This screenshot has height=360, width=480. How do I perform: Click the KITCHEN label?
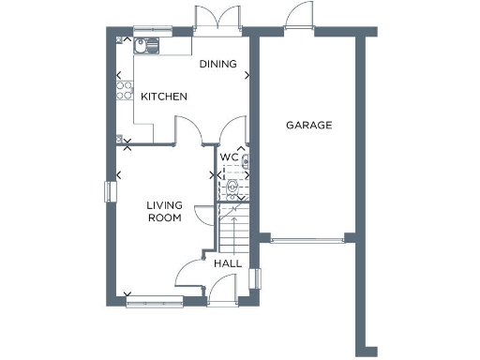(164, 97)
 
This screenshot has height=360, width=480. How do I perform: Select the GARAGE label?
(308, 125)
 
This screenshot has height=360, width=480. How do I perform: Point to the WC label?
(229, 157)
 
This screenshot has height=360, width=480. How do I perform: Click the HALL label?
(228, 263)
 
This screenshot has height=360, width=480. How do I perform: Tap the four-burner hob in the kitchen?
(123, 91)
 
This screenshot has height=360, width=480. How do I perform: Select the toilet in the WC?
(232, 186)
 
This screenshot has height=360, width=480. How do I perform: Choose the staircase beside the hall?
(231, 230)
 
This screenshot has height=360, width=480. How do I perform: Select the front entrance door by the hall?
(223, 293)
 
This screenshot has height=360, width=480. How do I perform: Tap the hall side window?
(254, 277)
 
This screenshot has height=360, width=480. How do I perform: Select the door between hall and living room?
(191, 272)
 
